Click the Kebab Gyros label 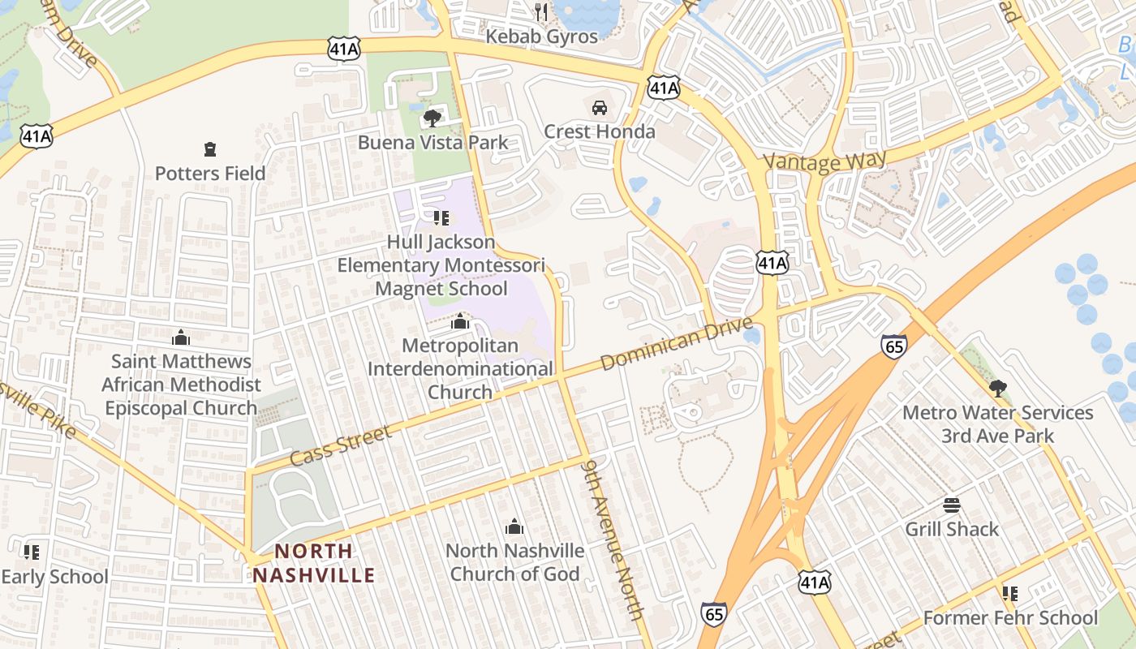541,37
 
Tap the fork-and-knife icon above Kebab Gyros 541,12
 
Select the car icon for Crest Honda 600,107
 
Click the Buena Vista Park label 433,143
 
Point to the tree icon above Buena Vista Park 432,118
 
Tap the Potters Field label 210,174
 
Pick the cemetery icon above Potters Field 210,149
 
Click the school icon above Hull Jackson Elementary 441,218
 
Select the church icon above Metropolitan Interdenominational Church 460,322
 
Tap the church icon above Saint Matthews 181,337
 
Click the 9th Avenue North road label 613,539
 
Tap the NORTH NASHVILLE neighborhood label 313,563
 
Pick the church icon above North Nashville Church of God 514,527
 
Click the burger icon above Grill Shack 952,505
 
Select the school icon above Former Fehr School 1010,594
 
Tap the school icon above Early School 32,552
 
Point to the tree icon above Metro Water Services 998,389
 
